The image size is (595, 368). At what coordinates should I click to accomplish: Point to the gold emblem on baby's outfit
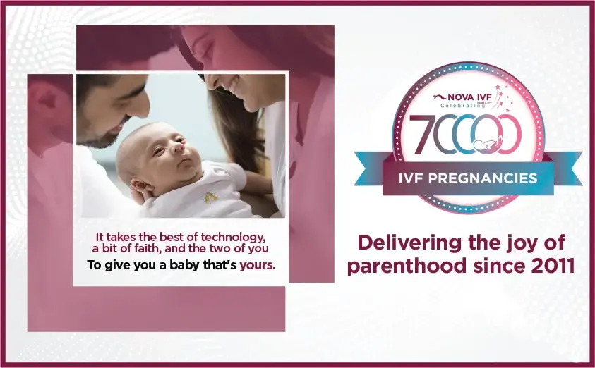point(210,198)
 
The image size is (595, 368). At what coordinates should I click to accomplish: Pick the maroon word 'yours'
point(257,266)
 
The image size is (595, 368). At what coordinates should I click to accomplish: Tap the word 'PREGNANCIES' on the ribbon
point(498,178)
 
